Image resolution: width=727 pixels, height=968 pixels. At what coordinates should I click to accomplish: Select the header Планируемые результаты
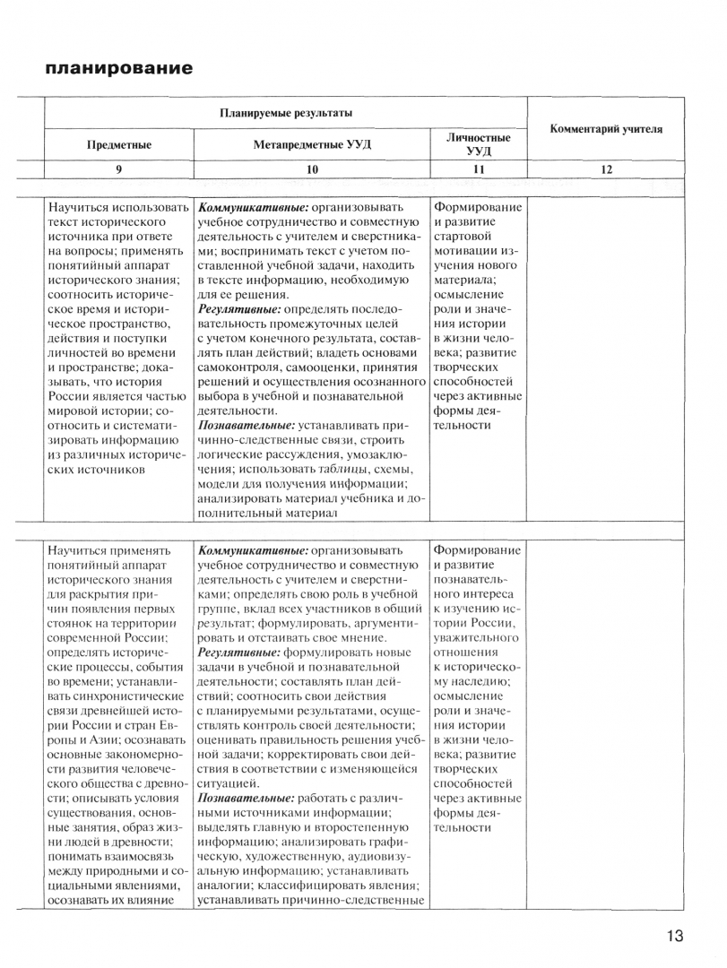click(x=286, y=113)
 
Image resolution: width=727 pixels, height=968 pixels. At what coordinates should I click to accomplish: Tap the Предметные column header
click(x=118, y=144)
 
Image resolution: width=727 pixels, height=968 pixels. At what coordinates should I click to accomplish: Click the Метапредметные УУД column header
click(x=311, y=144)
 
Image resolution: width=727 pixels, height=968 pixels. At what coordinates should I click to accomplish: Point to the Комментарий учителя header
click(x=606, y=129)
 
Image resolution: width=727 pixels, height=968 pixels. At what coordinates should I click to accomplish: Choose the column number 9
click(x=118, y=169)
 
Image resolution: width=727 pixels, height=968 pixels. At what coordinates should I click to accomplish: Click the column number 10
click(x=312, y=169)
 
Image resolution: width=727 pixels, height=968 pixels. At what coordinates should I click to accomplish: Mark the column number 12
click(x=606, y=169)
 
